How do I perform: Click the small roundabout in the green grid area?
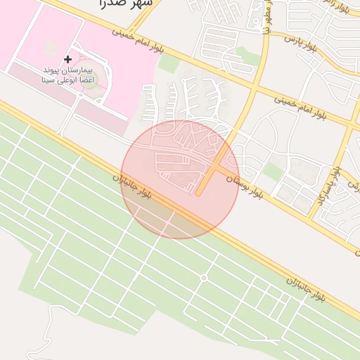click(x=204, y=278)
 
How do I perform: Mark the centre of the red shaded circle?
click(x=180, y=180)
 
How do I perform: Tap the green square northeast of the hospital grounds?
click(x=168, y=63)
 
